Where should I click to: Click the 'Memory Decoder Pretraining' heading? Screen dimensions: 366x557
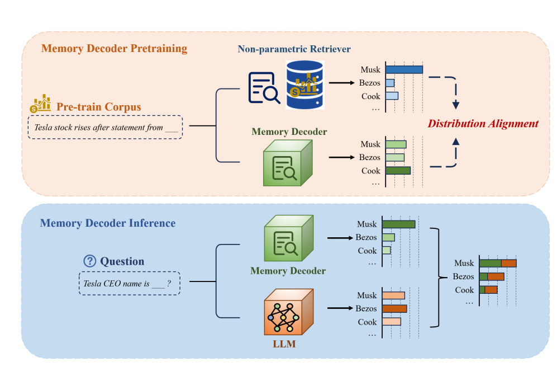(x=114, y=48)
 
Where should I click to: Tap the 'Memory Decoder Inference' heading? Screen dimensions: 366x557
(x=108, y=223)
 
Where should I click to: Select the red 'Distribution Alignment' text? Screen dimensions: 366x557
(x=483, y=124)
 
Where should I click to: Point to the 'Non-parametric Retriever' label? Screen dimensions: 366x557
(x=294, y=49)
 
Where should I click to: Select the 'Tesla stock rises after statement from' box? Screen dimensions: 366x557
(x=106, y=128)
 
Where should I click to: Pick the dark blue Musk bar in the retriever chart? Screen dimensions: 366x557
(x=404, y=70)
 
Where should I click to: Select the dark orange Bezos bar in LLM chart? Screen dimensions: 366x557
(x=394, y=308)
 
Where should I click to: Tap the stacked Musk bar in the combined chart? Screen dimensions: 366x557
(x=498, y=263)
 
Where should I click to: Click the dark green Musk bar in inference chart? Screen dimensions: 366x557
(x=399, y=224)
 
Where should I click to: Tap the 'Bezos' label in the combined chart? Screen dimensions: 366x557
(x=463, y=276)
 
